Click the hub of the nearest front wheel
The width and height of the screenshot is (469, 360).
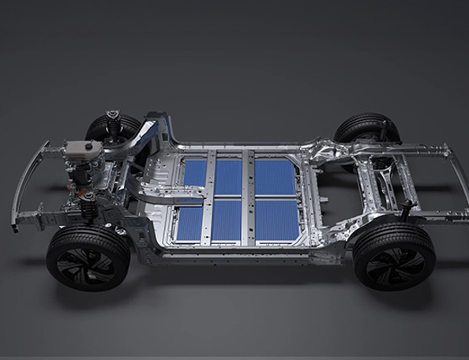pos(87,260)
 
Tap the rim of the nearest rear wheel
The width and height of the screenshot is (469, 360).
pos(394,257)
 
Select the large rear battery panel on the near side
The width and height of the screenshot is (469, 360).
pos(277,220)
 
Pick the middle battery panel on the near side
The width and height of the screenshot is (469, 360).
pos(226,220)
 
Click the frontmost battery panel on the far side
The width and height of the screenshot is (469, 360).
pos(194,173)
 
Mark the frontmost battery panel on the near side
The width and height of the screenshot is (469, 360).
pos(189,222)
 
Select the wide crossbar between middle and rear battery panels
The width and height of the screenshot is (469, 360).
pos(249,197)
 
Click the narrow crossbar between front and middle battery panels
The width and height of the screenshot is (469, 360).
pos(209,197)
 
